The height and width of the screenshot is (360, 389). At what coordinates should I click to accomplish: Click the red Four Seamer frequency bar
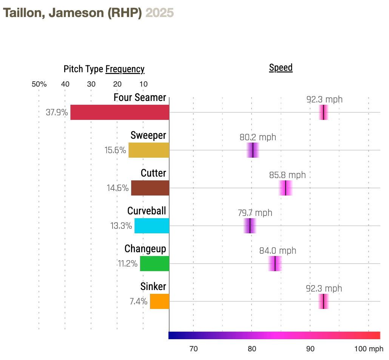(120, 112)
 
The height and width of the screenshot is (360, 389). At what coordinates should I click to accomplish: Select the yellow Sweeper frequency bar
(149, 150)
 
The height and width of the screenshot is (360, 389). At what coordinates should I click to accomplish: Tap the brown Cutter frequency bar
(150, 188)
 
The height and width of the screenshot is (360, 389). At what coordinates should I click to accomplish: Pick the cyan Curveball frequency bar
(152, 226)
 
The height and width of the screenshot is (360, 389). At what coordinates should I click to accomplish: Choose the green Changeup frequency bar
(154, 264)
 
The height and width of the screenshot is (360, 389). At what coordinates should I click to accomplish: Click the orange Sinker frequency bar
(159, 301)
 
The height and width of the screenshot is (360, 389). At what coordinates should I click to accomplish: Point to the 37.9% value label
(57, 112)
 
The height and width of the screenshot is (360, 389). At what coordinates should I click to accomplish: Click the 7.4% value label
(138, 301)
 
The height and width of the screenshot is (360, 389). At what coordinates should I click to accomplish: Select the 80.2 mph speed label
(258, 137)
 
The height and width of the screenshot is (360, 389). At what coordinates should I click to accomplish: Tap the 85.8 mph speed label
(287, 175)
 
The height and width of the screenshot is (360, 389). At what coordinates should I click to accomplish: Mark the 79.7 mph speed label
(255, 213)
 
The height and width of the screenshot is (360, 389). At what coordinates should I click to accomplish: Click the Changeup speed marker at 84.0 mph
(275, 264)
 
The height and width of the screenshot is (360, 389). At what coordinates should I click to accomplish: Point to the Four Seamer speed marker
(324, 112)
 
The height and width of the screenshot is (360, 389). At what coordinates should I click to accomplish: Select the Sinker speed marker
(324, 301)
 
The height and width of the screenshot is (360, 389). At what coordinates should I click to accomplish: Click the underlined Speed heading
(281, 68)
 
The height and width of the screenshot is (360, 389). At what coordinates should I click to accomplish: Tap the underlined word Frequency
(125, 69)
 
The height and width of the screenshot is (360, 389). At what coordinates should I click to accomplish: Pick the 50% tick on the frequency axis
(39, 84)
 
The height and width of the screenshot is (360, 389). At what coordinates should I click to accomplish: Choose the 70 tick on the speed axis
(193, 349)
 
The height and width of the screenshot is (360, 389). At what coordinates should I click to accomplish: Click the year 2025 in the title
(159, 13)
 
